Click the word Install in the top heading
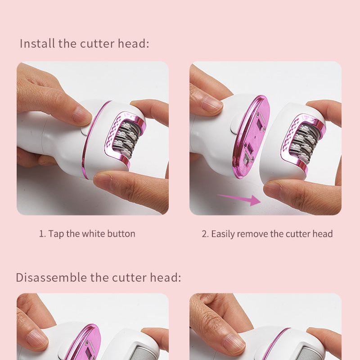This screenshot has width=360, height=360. pyautogui.click(x=37, y=44)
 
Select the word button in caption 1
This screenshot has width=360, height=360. pyautogui.click(x=121, y=234)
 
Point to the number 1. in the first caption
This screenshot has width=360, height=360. pyautogui.click(x=42, y=234)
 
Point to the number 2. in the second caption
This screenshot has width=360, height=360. pyautogui.click(x=205, y=234)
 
